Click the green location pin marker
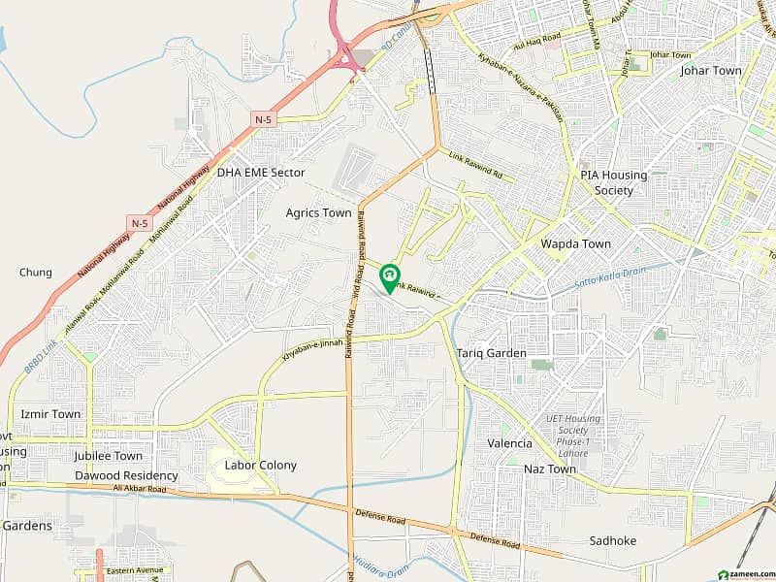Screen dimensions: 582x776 (x=390, y=278)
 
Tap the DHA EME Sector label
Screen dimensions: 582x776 (x=261, y=173)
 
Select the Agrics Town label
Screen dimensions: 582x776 (x=318, y=213)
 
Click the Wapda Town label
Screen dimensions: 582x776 (x=576, y=244)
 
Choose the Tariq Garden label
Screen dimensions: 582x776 (x=492, y=354)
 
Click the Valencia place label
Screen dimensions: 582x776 (x=509, y=443)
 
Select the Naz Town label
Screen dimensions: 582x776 (x=550, y=469)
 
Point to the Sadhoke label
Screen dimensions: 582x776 (x=612, y=541)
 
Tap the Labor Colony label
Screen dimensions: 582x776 (x=261, y=466)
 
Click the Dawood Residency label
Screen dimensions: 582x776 (x=127, y=476)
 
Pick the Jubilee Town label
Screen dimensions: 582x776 (x=108, y=456)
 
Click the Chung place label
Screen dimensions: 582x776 (x=36, y=273)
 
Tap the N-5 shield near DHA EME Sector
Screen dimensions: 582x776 (x=263, y=119)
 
